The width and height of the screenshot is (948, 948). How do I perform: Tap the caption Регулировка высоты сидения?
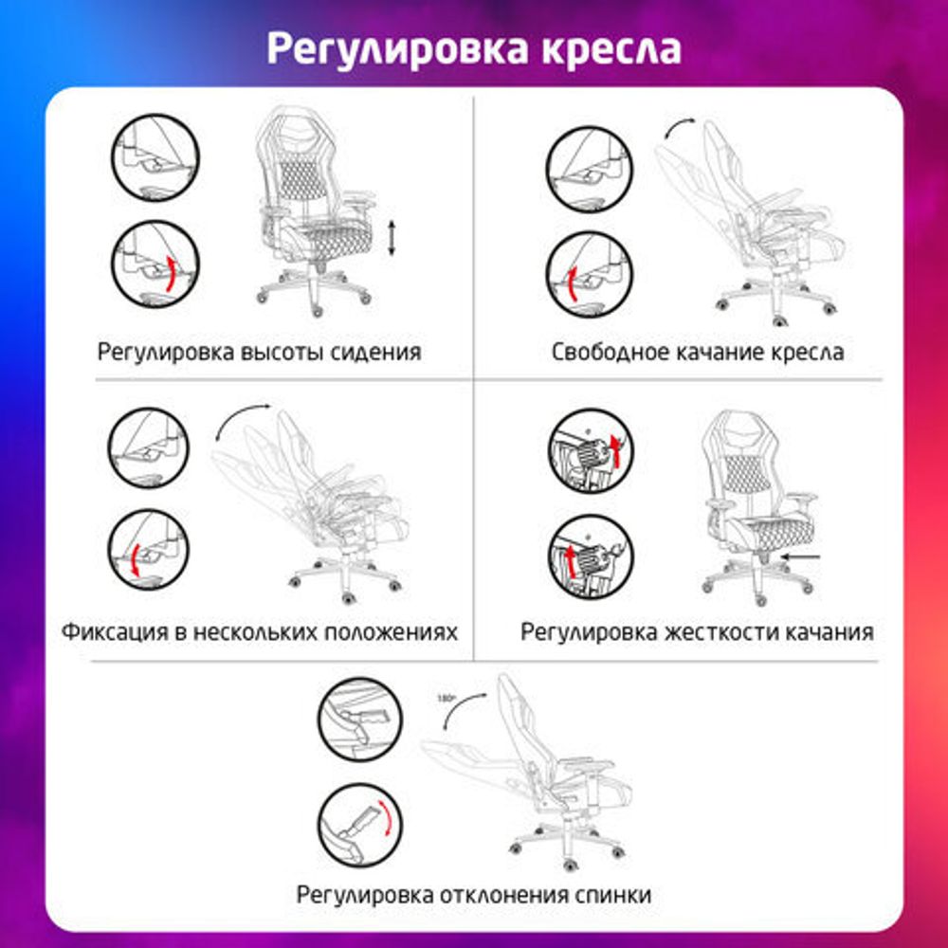(x=259, y=353)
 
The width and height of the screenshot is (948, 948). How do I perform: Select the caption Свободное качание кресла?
(x=698, y=353)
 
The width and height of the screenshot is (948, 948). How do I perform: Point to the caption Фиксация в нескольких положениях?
(x=260, y=631)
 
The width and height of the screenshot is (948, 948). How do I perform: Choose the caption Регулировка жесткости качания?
(x=697, y=631)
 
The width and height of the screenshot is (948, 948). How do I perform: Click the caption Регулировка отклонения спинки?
(x=474, y=894)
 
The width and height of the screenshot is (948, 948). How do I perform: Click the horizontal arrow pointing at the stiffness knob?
(x=801, y=558)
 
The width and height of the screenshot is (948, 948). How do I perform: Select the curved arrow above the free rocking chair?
(x=679, y=129)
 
